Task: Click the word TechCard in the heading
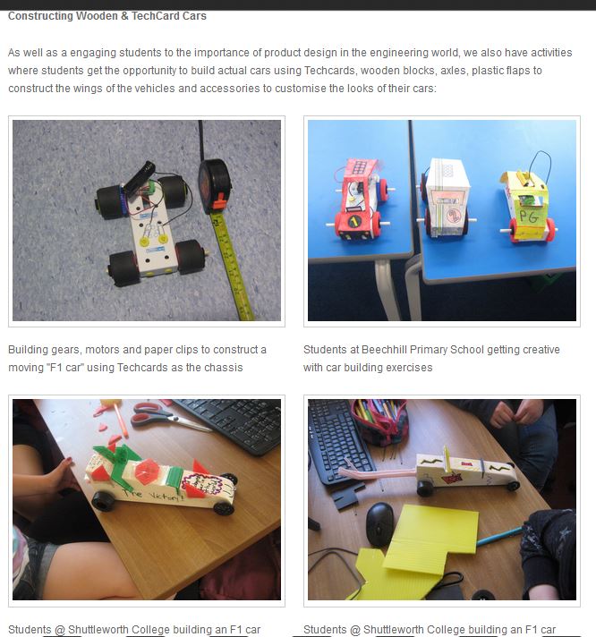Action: point(156,16)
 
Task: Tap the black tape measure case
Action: point(214,186)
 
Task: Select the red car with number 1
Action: point(360,199)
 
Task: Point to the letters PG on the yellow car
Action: point(529,217)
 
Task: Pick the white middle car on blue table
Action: point(446,198)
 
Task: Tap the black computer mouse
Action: point(379,524)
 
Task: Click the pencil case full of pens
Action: point(379,422)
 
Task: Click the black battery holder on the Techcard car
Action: point(139,176)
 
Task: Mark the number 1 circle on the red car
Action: point(354,221)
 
